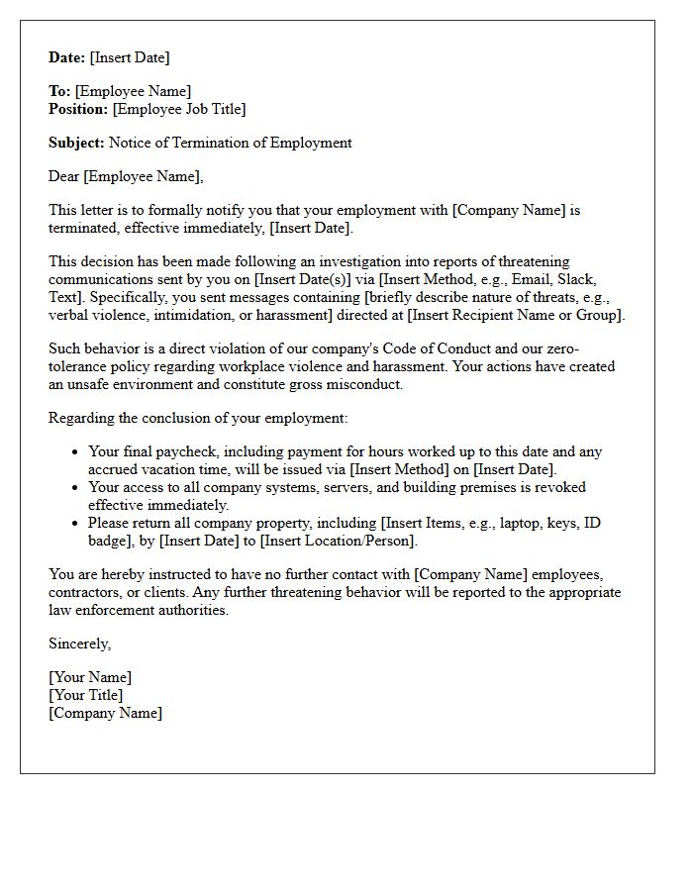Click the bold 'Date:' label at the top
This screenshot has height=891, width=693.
67,57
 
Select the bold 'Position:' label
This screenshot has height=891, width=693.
78,109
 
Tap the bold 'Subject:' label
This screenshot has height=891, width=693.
76,143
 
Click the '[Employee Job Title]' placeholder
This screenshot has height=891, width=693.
179,109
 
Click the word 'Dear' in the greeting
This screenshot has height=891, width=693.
64,176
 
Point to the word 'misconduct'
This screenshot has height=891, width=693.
367,384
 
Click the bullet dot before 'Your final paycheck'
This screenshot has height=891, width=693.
76,452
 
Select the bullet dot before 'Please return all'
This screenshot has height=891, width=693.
76,524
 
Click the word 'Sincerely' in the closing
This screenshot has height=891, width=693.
78,643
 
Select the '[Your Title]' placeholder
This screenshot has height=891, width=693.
85,695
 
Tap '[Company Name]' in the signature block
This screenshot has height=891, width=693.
105,713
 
